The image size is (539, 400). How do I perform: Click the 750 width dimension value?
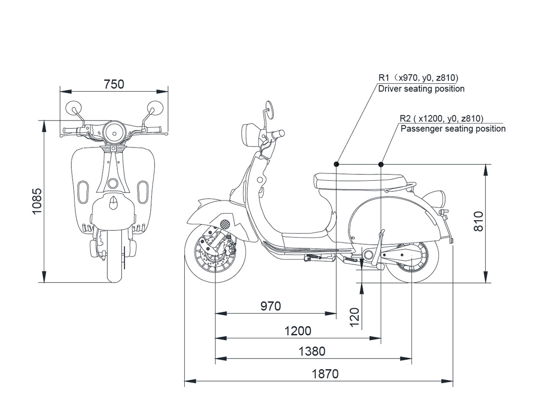[114, 84]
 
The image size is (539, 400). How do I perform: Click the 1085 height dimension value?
[37, 201]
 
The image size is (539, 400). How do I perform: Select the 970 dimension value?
[270, 306]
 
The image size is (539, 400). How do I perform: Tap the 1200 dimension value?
[298, 331]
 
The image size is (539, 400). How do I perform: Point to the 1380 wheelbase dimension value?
[312, 351]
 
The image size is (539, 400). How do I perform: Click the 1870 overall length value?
[325, 373]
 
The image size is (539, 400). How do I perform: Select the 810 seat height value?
[478, 221]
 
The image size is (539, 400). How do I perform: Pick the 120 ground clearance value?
[355, 318]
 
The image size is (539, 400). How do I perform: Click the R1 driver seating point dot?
[336, 164]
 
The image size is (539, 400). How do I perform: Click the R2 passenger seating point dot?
[381, 164]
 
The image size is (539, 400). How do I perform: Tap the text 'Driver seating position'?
[421, 89]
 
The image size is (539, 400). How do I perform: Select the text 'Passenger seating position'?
[453, 129]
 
